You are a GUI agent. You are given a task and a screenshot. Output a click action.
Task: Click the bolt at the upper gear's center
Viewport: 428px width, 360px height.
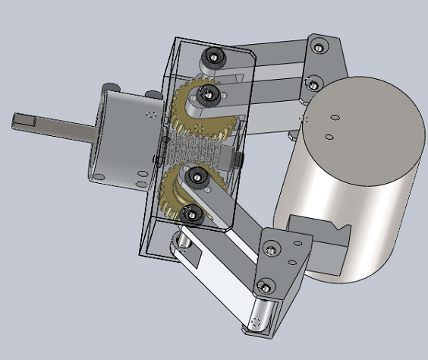(x=205, y=93)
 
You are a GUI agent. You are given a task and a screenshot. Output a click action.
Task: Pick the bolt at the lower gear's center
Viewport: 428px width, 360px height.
(x=197, y=178)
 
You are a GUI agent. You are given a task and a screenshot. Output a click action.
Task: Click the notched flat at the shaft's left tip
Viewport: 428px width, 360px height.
(x=25, y=119)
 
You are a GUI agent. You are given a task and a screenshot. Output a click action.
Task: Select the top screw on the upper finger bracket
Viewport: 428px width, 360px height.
(x=318, y=46)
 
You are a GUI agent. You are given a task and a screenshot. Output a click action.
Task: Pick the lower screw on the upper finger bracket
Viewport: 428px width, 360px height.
(x=310, y=81)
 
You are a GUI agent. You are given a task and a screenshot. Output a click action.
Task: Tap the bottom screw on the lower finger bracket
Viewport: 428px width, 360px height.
(x=264, y=287)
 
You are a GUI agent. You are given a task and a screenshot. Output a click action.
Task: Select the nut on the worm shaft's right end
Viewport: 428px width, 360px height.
(x=238, y=160)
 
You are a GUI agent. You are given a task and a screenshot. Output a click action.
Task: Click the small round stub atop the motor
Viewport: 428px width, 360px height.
(x=113, y=86)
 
